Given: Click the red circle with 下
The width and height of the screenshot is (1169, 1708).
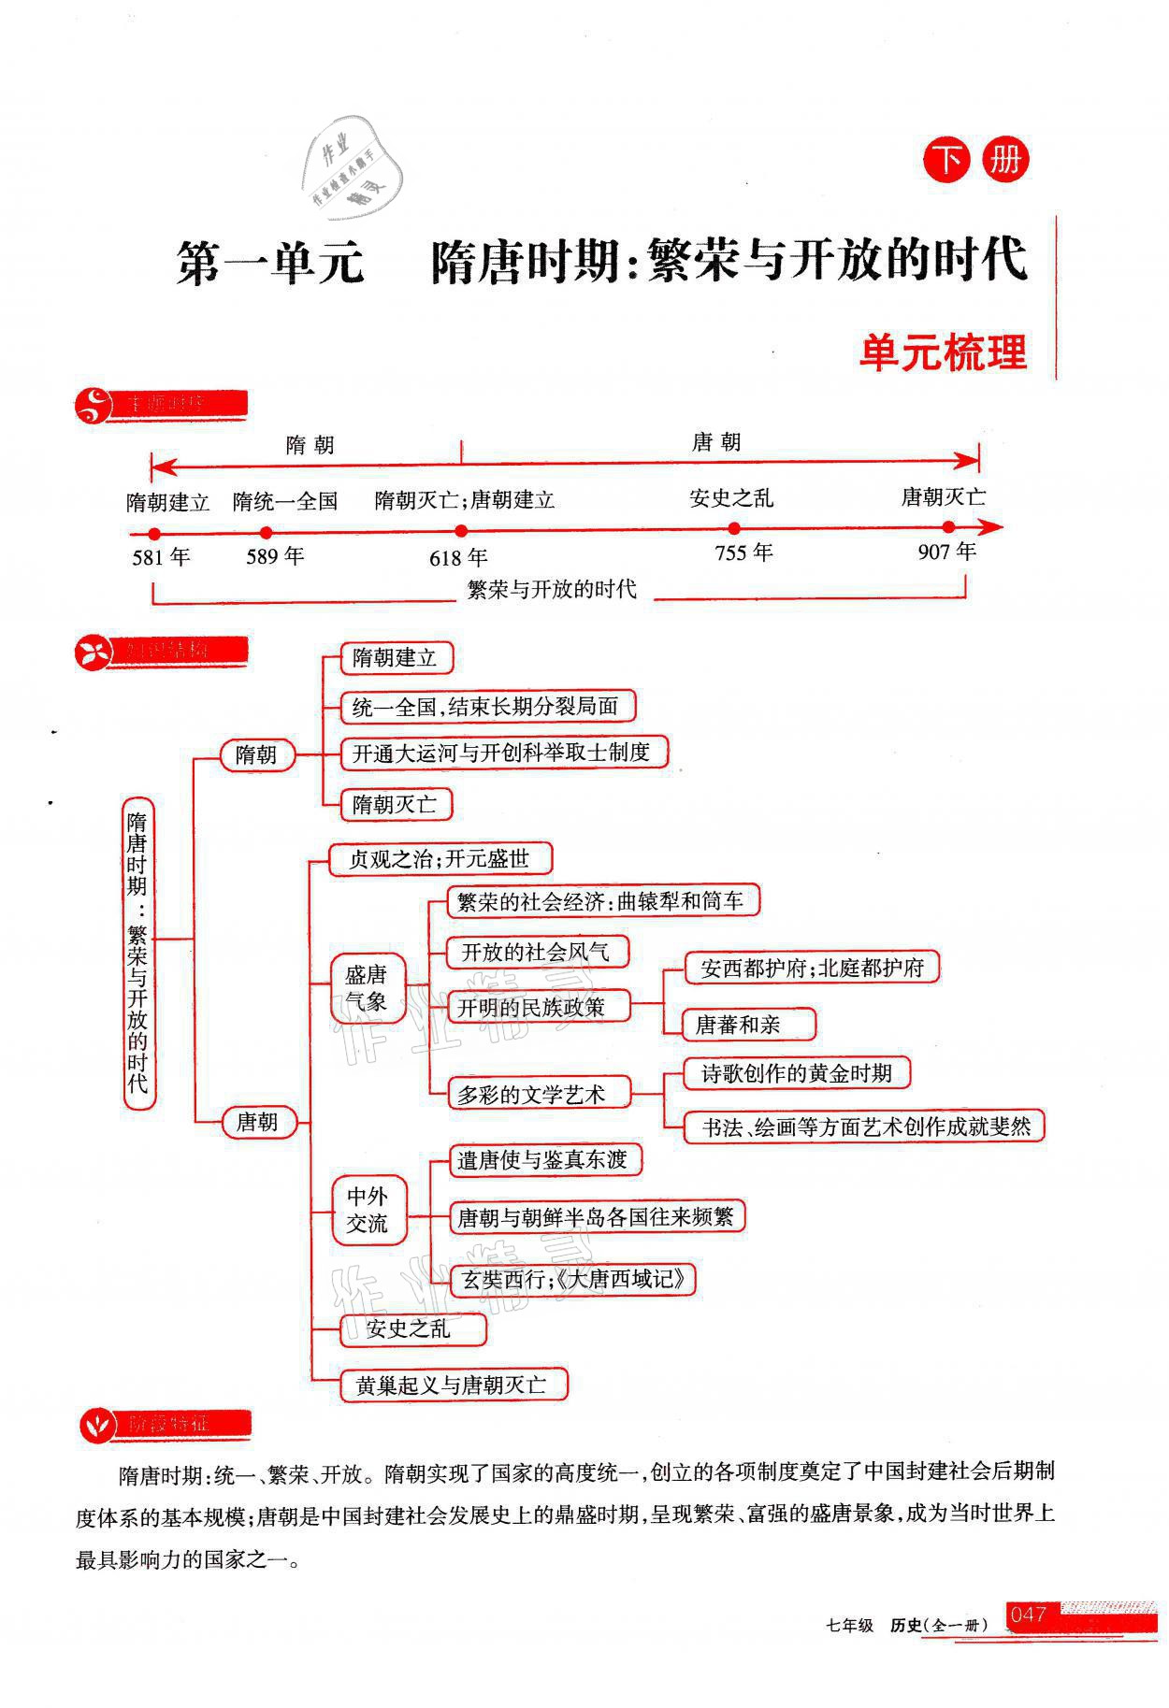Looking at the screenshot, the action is tap(947, 161).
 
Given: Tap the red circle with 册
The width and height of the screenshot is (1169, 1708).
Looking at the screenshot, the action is tap(1005, 161).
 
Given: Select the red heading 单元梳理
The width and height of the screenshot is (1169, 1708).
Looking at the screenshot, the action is tap(943, 353).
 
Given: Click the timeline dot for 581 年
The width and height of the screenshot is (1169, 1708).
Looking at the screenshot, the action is tap(154, 534).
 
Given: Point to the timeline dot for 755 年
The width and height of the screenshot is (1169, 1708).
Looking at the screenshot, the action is tap(734, 528).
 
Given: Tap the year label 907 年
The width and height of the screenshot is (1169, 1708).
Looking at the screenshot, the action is tap(946, 553).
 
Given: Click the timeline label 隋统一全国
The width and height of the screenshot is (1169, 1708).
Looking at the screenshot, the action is tap(284, 501).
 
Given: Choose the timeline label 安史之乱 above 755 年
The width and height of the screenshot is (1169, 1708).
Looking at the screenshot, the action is tap(731, 498).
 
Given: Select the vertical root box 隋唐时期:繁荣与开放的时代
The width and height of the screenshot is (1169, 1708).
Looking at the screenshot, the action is tap(138, 953).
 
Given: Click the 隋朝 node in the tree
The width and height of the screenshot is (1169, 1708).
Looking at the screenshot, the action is tap(256, 754).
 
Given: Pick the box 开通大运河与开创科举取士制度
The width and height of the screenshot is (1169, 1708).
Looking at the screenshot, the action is tap(500, 753).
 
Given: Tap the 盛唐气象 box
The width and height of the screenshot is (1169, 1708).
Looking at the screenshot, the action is tap(366, 988).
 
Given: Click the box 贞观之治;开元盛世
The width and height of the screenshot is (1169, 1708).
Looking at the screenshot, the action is tap(439, 858).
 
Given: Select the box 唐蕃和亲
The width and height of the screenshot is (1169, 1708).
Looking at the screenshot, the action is tap(738, 1025).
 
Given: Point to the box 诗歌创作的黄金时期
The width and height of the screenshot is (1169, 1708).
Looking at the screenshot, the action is tap(796, 1073).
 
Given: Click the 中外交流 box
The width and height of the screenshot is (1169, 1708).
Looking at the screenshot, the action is tap(368, 1210).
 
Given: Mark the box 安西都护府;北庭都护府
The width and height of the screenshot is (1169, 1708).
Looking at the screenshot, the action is tap(811, 968).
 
